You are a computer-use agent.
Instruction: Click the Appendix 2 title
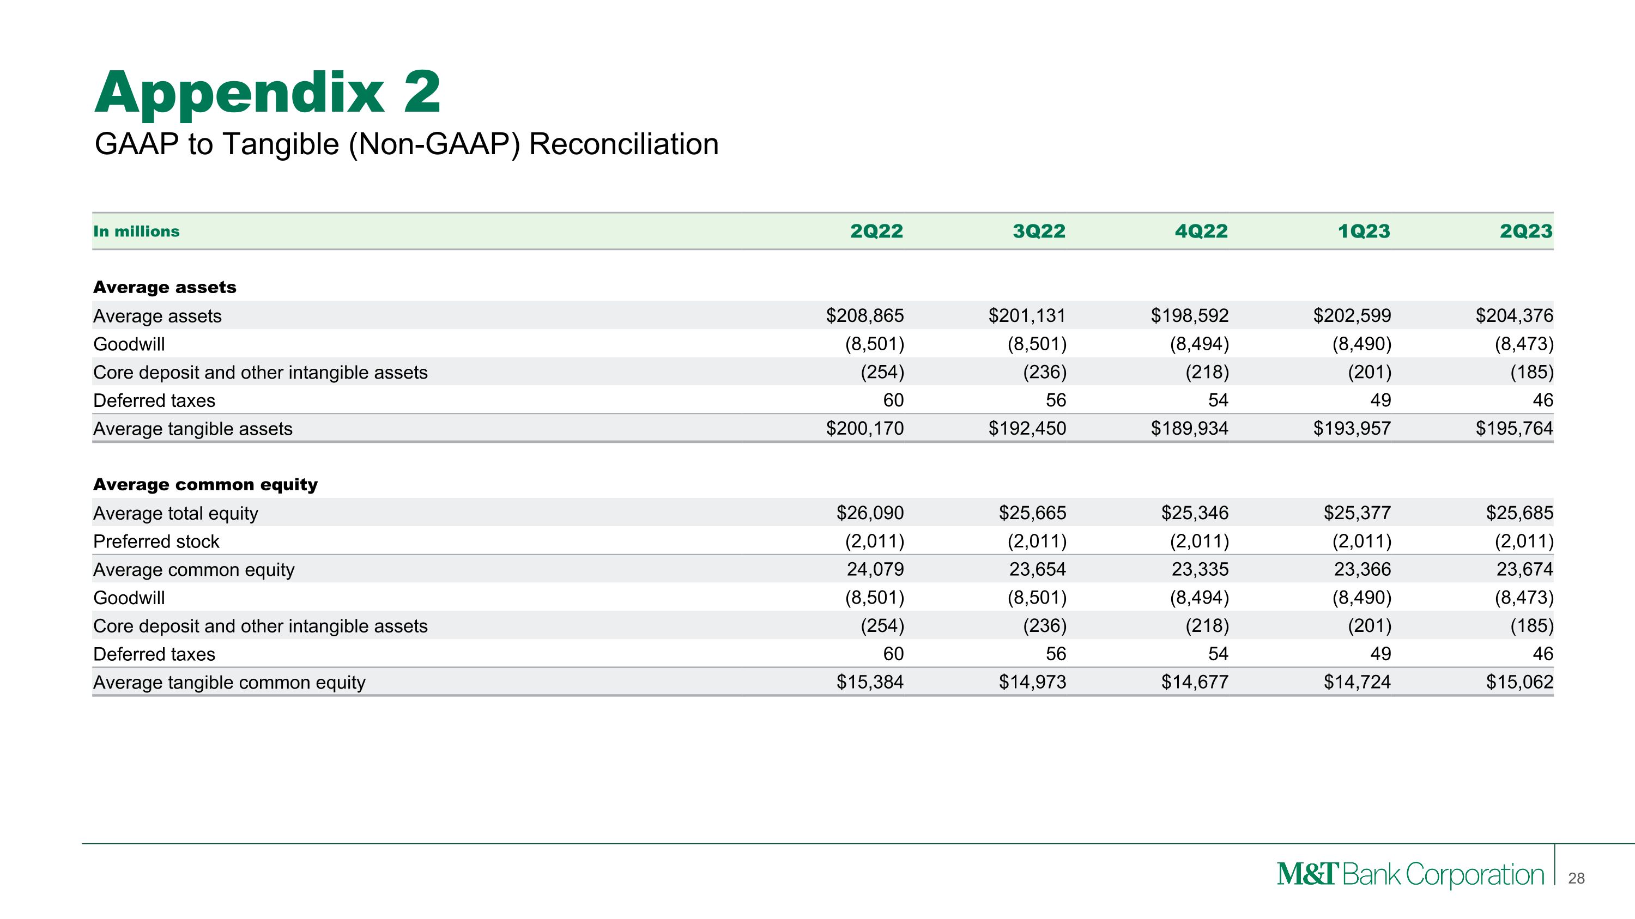(x=267, y=93)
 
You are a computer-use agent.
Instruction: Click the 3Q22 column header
(x=1039, y=232)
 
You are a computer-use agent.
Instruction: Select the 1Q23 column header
(x=1364, y=232)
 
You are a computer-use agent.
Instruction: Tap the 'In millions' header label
(x=136, y=232)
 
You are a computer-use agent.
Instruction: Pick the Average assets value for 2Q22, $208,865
(x=864, y=315)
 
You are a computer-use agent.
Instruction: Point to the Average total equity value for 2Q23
(x=1519, y=513)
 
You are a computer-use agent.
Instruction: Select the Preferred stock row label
(x=156, y=541)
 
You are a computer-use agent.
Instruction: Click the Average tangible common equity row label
(x=229, y=683)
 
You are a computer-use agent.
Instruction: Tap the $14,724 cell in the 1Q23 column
(x=1357, y=683)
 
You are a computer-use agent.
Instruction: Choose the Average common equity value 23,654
(x=1038, y=569)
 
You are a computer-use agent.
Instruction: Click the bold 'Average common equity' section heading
(x=205, y=484)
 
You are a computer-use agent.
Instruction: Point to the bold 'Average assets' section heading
(x=165, y=287)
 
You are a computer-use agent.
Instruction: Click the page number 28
(x=1576, y=878)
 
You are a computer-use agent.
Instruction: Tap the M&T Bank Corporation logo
(x=1410, y=875)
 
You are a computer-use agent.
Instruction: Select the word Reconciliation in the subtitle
(x=623, y=144)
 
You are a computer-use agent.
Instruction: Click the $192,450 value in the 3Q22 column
(x=1027, y=429)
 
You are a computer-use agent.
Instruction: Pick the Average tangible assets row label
(x=193, y=429)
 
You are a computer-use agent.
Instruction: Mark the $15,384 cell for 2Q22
(x=869, y=683)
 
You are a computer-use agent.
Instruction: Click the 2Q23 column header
(x=1526, y=232)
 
